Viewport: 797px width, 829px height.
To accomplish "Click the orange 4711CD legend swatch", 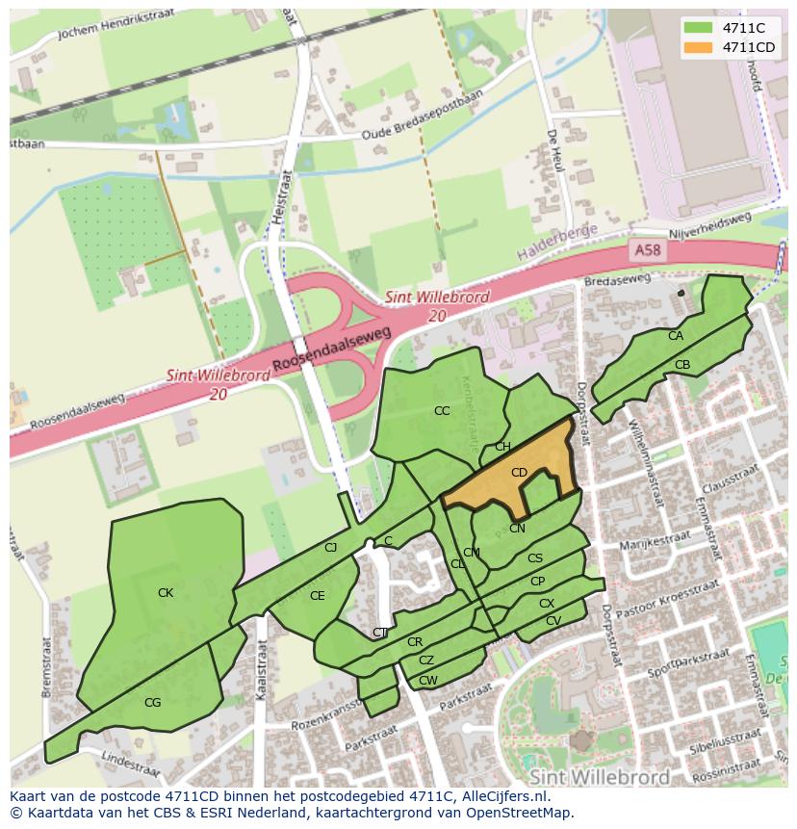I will tap(700, 47).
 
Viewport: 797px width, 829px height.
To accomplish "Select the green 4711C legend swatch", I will tap(700, 28).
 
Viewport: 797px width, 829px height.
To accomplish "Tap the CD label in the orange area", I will tap(519, 473).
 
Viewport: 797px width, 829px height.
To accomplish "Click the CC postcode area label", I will tap(442, 411).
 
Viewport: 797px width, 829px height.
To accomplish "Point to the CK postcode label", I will tap(166, 593).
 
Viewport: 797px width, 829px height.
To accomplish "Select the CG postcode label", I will tap(152, 703).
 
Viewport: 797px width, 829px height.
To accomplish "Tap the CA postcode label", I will tap(676, 336).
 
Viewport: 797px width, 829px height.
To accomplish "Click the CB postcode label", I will tap(682, 365).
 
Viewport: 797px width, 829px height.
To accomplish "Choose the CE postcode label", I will tap(317, 596).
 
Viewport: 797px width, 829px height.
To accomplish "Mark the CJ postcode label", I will tap(330, 548).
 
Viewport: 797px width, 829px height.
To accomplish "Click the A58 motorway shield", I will tap(648, 250).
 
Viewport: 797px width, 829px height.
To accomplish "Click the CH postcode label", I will tap(502, 447).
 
